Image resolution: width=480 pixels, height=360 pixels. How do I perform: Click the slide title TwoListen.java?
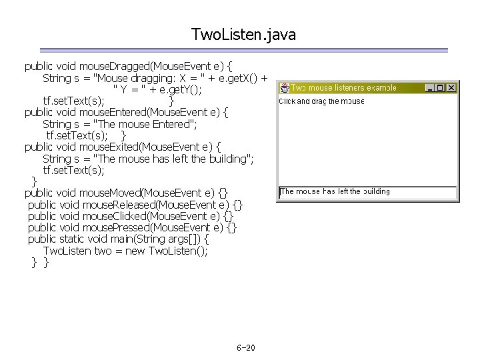click(243, 33)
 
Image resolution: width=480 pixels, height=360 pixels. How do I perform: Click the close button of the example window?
click(451, 87)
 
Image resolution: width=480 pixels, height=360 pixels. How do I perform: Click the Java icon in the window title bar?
click(284, 87)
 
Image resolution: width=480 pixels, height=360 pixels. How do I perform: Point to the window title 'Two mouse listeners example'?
click(343, 87)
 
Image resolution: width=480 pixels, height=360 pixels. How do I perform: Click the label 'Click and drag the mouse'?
click(321, 101)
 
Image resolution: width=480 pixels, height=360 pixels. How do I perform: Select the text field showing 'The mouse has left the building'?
click(367, 192)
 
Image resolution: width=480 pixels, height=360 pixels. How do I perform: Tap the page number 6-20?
click(246, 349)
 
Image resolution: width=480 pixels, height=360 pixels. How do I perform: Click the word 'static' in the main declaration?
click(75, 239)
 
